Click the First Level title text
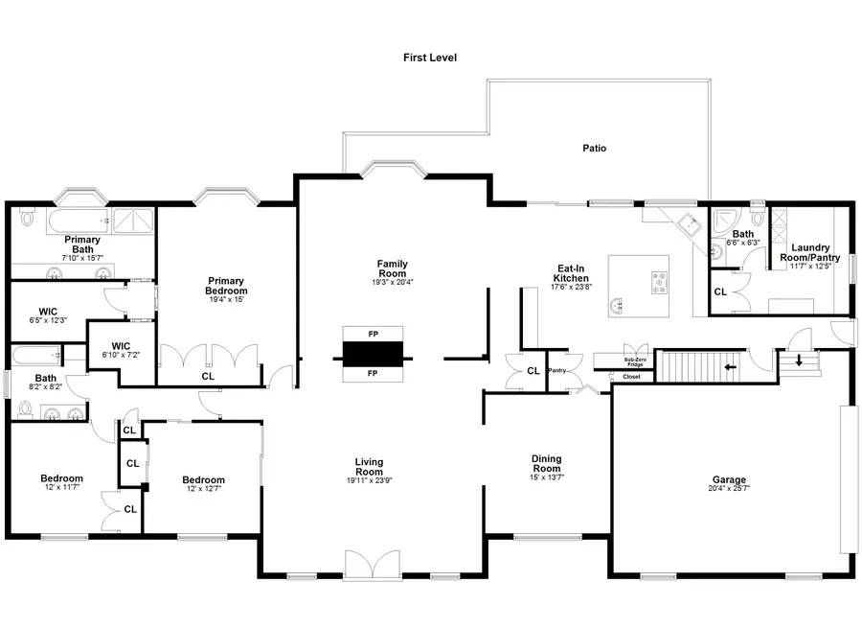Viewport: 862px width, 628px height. (x=429, y=58)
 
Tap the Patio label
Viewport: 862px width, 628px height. (x=594, y=149)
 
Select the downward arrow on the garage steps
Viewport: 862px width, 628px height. (x=800, y=361)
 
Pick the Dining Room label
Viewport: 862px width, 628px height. (x=546, y=464)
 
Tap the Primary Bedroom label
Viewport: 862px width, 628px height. (x=227, y=286)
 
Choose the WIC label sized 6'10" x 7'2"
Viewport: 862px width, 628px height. (x=121, y=345)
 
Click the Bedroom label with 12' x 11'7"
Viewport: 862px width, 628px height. (x=61, y=478)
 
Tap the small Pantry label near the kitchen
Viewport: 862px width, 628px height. (x=557, y=370)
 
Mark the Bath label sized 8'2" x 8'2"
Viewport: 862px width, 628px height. (x=45, y=378)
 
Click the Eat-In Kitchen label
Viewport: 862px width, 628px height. (x=572, y=273)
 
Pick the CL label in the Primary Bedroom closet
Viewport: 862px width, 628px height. (x=208, y=377)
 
